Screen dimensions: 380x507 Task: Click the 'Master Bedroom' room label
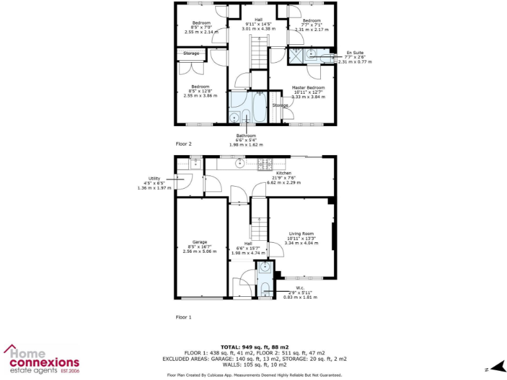point(308,87)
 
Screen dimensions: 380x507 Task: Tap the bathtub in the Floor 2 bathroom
point(253,107)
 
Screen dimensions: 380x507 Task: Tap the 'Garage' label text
point(200,242)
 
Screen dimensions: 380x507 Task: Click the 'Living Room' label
point(300,234)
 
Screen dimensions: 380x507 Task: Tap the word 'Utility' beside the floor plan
point(154,178)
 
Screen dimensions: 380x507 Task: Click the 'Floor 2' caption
point(184,143)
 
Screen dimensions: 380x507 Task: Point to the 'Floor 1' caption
point(184,317)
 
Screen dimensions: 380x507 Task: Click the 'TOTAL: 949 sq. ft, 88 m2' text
point(254,346)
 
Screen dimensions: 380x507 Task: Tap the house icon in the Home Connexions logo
point(14,350)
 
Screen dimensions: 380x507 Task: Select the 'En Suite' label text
point(354,52)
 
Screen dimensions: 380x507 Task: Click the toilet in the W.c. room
point(264,286)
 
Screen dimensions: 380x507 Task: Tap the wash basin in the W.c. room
point(264,268)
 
